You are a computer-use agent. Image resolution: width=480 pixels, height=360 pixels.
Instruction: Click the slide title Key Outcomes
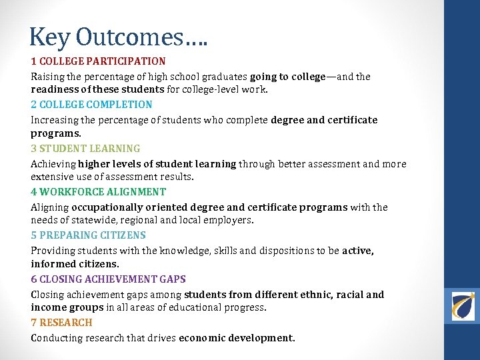tap(119, 37)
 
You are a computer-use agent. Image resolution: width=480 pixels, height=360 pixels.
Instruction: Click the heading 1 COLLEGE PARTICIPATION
tap(98, 61)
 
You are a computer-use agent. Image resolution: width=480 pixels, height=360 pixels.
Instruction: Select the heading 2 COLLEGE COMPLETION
tap(91, 105)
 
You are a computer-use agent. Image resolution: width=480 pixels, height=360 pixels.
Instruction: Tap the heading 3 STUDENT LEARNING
tap(85, 149)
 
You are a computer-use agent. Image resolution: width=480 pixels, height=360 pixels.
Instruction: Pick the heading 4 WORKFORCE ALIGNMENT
tap(98, 192)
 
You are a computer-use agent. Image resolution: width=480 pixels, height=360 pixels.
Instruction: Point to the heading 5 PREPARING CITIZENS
tap(88, 235)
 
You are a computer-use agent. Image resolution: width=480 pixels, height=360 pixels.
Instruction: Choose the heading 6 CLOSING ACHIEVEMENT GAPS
tap(108, 279)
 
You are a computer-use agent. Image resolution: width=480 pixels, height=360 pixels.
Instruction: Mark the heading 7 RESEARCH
tap(61, 323)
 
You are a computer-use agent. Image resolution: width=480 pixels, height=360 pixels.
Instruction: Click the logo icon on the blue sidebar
tap(462, 306)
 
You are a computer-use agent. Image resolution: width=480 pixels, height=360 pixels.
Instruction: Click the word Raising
tap(47, 77)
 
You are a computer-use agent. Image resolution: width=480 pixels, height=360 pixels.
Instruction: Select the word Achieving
tap(53, 164)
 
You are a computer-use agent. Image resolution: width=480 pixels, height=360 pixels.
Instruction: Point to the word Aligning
tap(49, 207)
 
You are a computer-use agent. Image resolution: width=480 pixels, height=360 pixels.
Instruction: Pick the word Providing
tap(52, 251)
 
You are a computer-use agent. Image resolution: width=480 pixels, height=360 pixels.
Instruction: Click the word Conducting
tap(56, 338)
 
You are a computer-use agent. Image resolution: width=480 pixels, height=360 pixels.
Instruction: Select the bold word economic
tap(202, 338)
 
